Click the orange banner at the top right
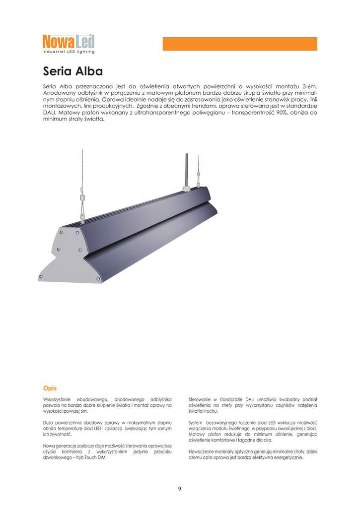tap(240, 44)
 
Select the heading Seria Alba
tap(73, 71)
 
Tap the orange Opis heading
tap(50, 388)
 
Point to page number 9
tap(180, 489)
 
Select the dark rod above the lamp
tap(186, 169)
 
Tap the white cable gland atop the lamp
tap(187, 188)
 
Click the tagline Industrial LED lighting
tap(68, 52)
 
